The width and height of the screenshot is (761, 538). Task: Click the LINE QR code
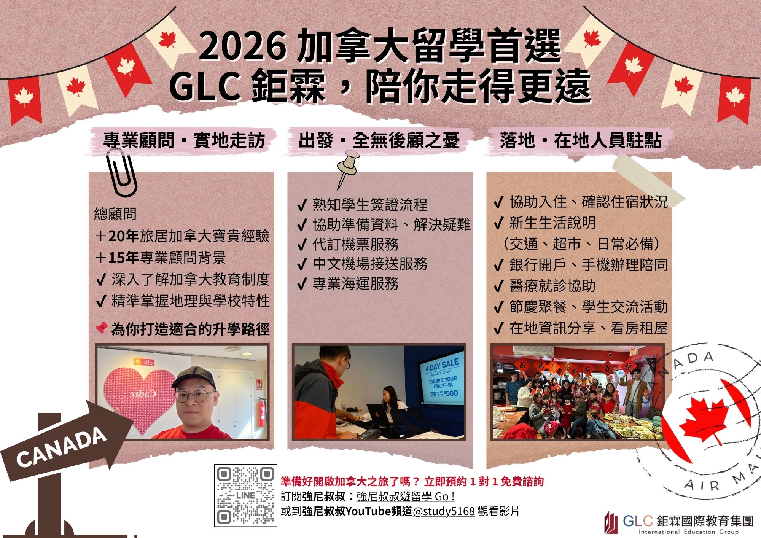tap(245, 495)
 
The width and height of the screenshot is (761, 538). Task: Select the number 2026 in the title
tap(242, 46)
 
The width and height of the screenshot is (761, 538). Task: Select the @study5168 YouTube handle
tap(444, 511)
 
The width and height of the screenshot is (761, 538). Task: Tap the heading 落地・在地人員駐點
tap(580, 141)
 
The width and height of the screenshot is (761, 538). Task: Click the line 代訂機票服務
tap(355, 244)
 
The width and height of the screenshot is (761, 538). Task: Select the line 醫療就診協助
tap(552, 286)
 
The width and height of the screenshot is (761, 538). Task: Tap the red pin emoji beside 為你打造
tap(100, 329)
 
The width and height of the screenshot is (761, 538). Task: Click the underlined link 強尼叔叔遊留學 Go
tap(405, 497)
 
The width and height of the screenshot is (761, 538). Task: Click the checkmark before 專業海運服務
tap(302, 284)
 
